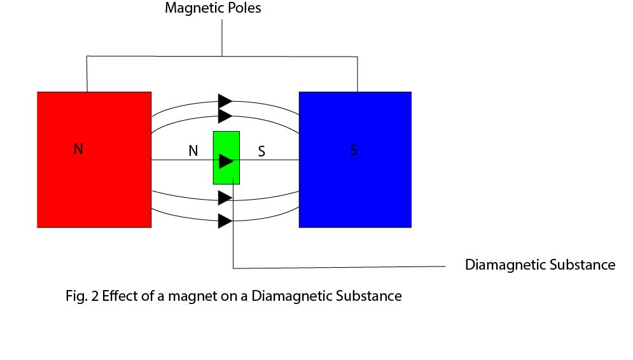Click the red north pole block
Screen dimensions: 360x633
tap(94, 184)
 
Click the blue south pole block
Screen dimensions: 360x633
tap(354, 191)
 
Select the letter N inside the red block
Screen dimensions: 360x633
tap(78, 149)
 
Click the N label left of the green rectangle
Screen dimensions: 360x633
tap(193, 151)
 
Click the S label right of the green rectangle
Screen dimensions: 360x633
tap(261, 152)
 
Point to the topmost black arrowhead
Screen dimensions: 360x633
tap(225, 100)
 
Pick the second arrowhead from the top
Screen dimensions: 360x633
tap(225, 116)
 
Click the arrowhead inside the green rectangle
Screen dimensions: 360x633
tap(226, 161)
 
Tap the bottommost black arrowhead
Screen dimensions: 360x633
tap(225, 221)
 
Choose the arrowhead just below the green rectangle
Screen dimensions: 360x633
tap(225, 198)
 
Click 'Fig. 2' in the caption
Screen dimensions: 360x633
tap(81, 296)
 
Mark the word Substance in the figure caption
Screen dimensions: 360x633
tap(374, 296)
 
